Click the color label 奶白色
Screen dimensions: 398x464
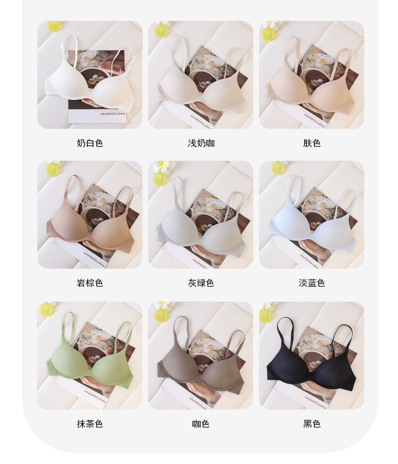click(x=90, y=143)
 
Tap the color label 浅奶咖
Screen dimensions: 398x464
click(x=201, y=143)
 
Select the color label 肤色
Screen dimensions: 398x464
click(x=312, y=143)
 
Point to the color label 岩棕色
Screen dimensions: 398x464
click(x=90, y=283)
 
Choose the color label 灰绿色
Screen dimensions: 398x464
click(x=201, y=283)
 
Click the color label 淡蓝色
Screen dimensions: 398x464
click(x=312, y=283)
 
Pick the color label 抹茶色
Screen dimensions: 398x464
click(x=90, y=424)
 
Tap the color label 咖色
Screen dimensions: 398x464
click(x=201, y=424)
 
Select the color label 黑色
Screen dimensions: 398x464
click(x=312, y=424)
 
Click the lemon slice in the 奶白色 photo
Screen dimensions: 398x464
click(x=54, y=25)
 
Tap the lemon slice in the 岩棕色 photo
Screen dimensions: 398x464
click(x=53, y=169)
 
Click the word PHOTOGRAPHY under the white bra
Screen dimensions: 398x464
click(x=113, y=113)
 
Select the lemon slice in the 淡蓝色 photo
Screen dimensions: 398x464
click(x=278, y=167)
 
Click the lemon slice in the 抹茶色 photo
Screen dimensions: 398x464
click(x=46, y=309)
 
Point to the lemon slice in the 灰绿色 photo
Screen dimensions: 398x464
click(x=160, y=179)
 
